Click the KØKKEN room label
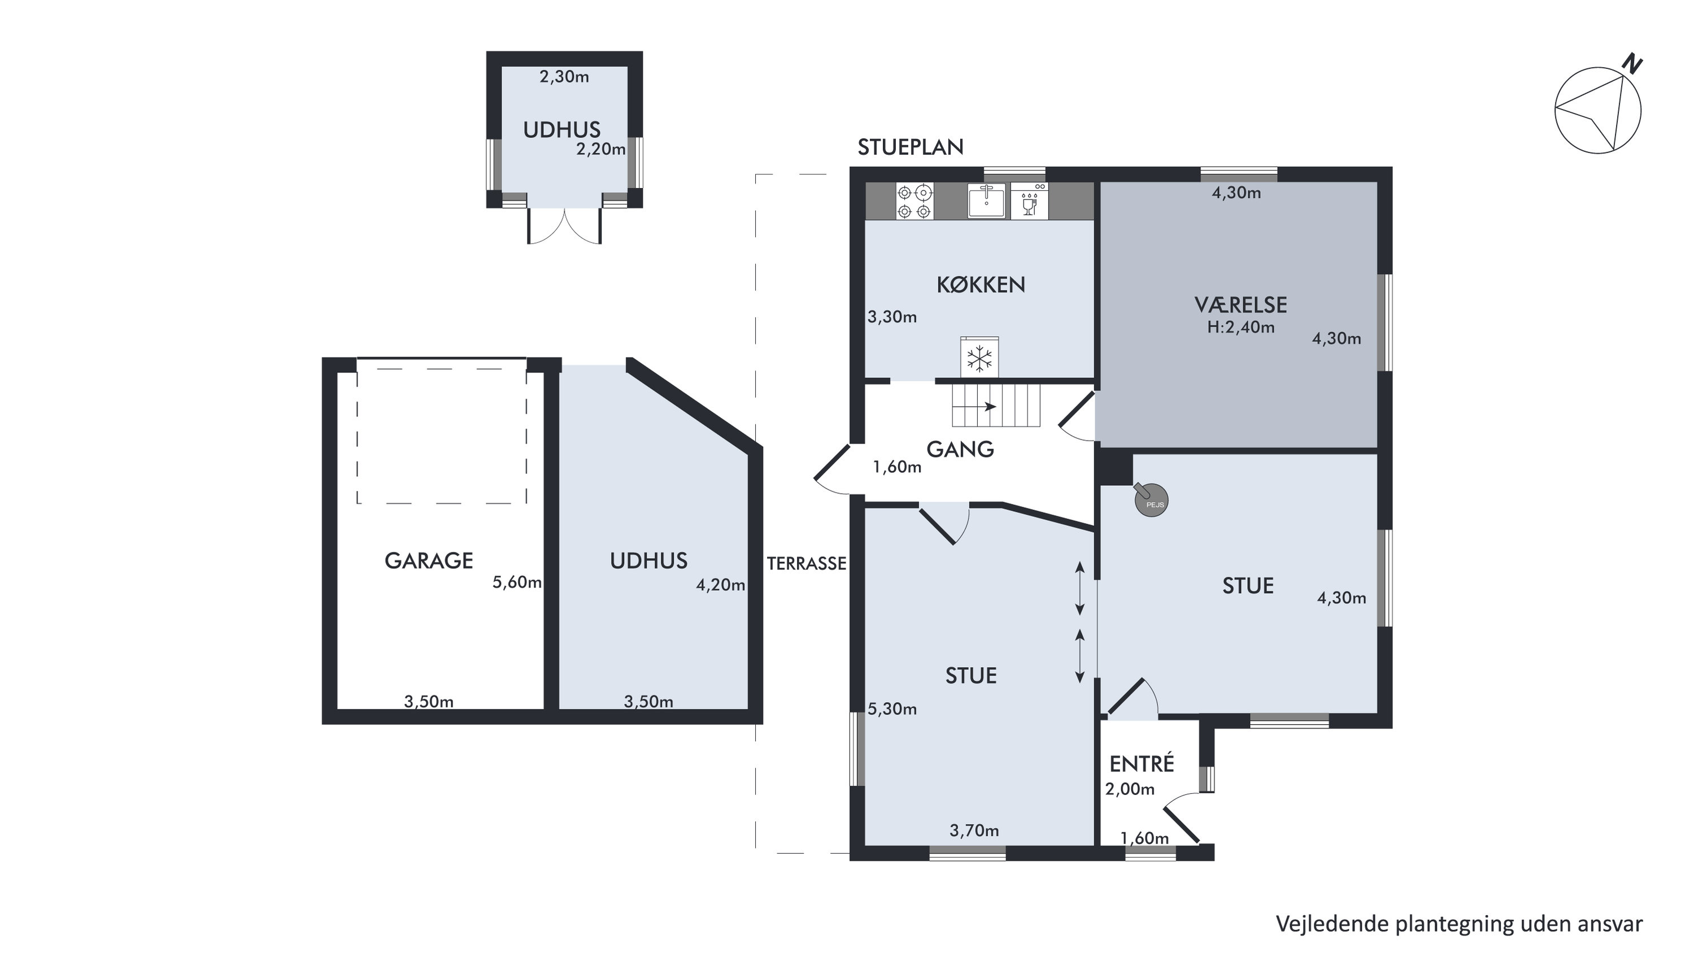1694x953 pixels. [x=981, y=285]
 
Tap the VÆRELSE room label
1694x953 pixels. [x=1240, y=304]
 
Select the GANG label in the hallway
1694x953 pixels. [x=960, y=449]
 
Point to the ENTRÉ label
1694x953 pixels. [x=1142, y=763]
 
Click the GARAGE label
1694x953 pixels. [x=429, y=560]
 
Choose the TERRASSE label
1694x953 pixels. [x=806, y=564]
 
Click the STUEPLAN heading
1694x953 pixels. [x=910, y=147]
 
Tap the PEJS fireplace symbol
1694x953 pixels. [x=1151, y=500]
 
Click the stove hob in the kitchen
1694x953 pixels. [x=914, y=201]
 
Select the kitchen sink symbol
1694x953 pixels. [x=986, y=201]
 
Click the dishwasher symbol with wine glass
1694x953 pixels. [x=1030, y=201]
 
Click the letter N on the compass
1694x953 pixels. [x=1632, y=64]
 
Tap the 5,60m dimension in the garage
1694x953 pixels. [x=517, y=582]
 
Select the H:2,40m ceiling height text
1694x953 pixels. [x=1240, y=327]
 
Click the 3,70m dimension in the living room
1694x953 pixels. [x=974, y=830]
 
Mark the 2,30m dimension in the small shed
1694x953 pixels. [x=564, y=77]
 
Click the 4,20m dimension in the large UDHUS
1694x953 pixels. [x=721, y=585]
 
